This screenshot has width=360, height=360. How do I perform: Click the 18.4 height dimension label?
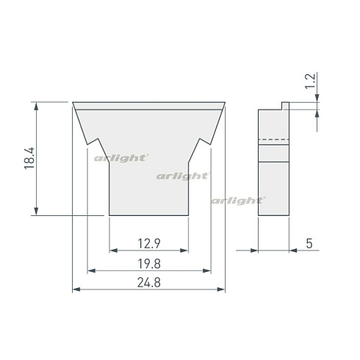29,158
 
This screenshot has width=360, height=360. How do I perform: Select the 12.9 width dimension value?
149,244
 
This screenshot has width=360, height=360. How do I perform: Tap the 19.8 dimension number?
149,264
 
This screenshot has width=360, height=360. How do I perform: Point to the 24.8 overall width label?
149,282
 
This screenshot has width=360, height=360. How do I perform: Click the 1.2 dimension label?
310,81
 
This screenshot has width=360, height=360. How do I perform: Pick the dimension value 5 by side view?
309,243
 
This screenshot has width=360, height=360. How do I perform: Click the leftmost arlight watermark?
121,158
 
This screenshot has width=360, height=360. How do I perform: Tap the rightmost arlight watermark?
238,201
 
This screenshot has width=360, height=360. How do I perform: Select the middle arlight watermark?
183,176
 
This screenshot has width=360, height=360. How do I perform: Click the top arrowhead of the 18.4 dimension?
36,106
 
